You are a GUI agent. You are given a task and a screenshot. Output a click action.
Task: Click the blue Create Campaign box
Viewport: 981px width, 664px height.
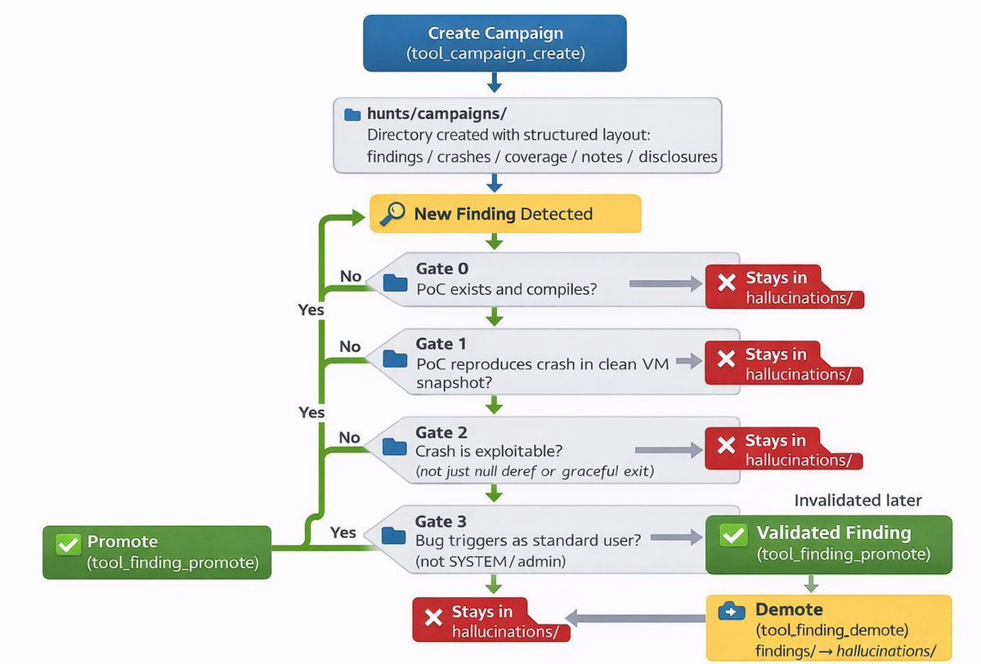495,42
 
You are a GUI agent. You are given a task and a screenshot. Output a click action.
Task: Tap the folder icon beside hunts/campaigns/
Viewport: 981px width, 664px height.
352,114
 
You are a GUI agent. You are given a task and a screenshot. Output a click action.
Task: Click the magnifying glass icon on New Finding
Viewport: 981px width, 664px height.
392,213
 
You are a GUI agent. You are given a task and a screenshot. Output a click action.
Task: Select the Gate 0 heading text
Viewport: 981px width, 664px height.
442,268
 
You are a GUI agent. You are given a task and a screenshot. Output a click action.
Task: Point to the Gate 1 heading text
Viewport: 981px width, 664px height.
441,344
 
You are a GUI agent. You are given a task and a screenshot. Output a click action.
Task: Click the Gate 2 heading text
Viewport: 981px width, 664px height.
441,432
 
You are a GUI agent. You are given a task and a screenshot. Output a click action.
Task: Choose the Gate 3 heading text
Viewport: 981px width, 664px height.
441,521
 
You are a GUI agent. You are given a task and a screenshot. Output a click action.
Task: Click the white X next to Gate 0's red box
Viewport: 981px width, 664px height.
727,283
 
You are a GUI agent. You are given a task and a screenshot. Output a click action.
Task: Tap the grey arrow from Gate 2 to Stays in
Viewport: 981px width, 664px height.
669,450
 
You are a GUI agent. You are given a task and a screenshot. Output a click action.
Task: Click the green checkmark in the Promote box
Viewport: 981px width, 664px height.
69,544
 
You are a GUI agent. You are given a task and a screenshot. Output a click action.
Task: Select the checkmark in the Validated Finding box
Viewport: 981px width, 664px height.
733,534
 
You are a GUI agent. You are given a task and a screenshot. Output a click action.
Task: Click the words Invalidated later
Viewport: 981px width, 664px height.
858,500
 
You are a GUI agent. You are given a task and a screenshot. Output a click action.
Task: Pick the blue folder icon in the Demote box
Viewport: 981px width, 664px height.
732,611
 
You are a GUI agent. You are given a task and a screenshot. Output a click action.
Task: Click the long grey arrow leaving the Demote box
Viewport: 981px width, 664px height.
635,618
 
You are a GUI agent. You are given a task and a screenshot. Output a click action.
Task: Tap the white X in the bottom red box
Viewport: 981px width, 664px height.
433,617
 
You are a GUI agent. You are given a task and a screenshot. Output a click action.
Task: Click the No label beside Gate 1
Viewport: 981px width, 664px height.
350,346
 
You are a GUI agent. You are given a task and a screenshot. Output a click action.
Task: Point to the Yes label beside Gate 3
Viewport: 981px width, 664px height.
343,533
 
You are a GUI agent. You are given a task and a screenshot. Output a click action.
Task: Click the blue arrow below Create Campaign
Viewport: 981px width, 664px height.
495,82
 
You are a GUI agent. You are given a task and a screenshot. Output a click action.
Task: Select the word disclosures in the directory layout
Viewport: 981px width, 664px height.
678,157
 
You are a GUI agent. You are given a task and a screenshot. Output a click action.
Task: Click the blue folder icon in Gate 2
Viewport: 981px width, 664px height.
395,447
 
